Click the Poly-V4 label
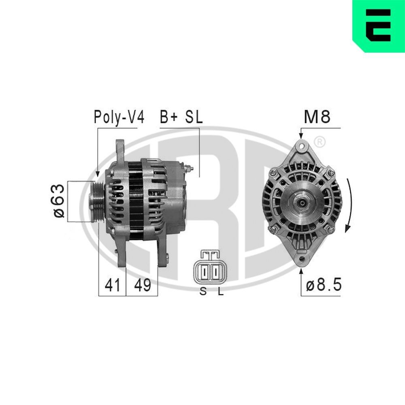pyautogui.click(x=119, y=117)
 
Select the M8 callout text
pyautogui.click(x=318, y=117)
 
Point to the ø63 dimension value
pyautogui.click(x=60, y=201)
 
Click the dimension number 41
pyautogui.click(x=112, y=286)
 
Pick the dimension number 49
pyautogui.click(x=142, y=286)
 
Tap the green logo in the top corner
pyautogui.click(x=378, y=26)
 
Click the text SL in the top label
pyautogui.click(x=194, y=117)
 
